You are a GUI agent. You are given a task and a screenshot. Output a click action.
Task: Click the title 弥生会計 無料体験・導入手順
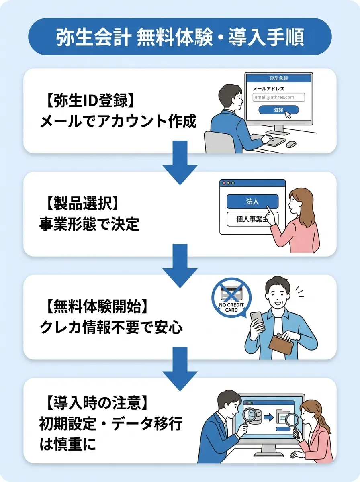tap(180, 37)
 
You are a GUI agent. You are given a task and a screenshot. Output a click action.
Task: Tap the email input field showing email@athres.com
tap(278, 97)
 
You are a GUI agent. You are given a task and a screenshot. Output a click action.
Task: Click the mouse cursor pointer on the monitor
tap(288, 115)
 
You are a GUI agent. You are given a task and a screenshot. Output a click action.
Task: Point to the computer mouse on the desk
tap(291, 144)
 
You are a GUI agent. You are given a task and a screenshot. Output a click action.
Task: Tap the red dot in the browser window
tap(224, 183)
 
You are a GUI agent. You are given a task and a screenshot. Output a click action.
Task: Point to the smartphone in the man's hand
tap(258, 321)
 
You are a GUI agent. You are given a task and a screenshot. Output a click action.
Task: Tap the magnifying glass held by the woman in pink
tap(292, 421)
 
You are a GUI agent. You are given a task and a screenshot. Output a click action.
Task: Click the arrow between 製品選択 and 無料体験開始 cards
tap(180, 265)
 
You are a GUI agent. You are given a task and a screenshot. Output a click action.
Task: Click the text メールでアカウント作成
tap(118, 122)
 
